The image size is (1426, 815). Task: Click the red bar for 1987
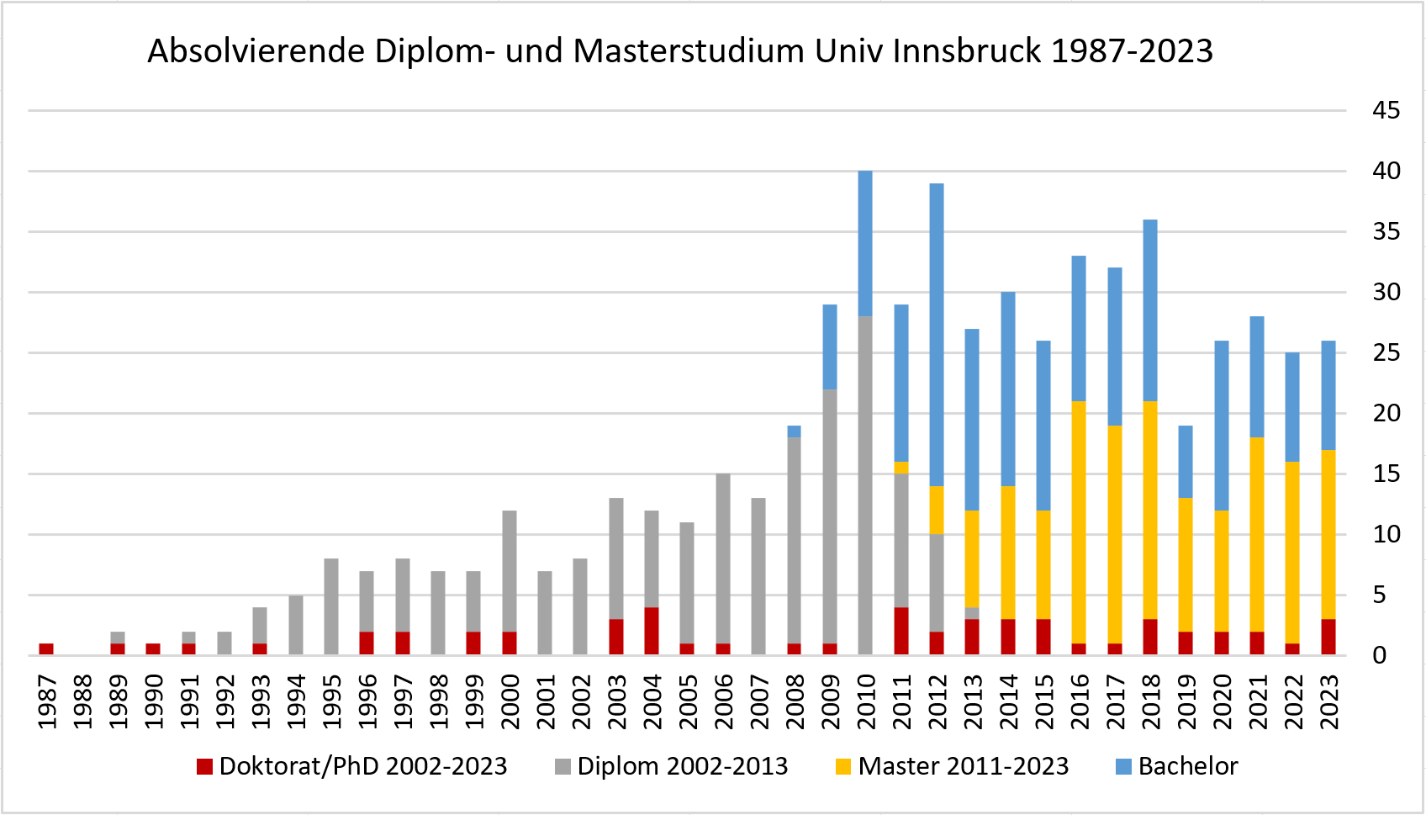point(46,649)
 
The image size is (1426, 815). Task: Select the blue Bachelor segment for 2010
point(865,244)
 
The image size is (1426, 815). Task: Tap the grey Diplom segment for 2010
point(865,485)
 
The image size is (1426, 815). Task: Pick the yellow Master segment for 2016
point(1079,522)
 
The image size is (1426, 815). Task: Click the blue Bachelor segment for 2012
point(937,335)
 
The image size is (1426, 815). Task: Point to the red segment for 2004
point(652,631)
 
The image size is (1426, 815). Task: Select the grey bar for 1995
point(331,606)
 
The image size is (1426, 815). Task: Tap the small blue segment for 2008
point(794,431)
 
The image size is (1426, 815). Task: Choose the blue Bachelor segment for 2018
point(1150,310)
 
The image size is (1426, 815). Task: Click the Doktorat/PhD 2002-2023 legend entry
point(352,766)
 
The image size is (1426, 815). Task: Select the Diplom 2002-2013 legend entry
point(672,766)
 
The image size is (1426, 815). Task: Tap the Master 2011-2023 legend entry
point(953,766)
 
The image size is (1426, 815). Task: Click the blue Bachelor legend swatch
point(1123,767)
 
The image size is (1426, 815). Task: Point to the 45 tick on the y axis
point(1386,110)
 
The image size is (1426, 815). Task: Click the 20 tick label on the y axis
point(1386,413)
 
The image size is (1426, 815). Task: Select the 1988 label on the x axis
point(82,701)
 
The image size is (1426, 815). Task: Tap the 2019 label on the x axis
point(1186,701)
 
